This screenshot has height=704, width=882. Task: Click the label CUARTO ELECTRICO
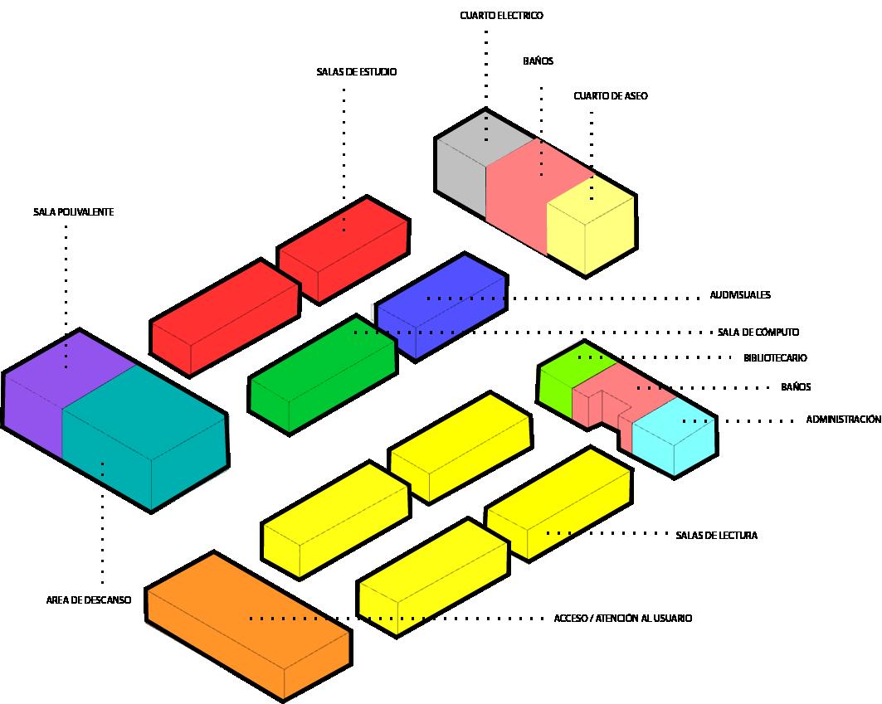pyautogui.click(x=501, y=16)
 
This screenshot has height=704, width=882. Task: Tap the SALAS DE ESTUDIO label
pyautogui.click(x=356, y=72)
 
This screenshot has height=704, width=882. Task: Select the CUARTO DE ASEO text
pyautogui.click(x=610, y=96)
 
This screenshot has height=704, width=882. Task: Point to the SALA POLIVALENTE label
pyautogui.click(x=73, y=212)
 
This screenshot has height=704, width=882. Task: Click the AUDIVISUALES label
pyautogui.click(x=740, y=295)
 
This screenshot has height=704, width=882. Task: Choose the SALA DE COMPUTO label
pyautogui.click(x=758, y=333)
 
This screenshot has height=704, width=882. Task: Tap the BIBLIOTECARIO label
pyautogui.click(x=775, y=358)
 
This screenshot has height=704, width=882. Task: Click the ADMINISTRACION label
pyautogui.click(x=842, y=420)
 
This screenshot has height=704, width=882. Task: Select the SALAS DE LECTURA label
pyautogui.click(x=716, y=536)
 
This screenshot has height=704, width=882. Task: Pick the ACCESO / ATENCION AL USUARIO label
pyautogui.click(x=622, y=619)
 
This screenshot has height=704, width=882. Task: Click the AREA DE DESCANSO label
pyautogui.click(x=88, y=600)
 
